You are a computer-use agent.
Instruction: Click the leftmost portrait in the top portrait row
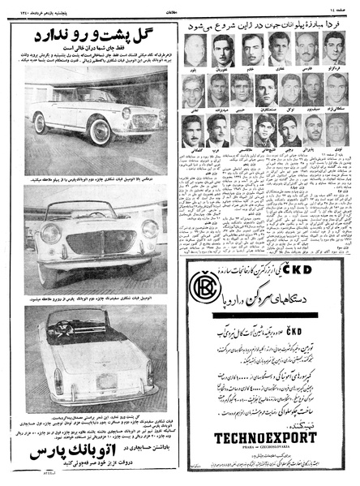click(x=195, y=50)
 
